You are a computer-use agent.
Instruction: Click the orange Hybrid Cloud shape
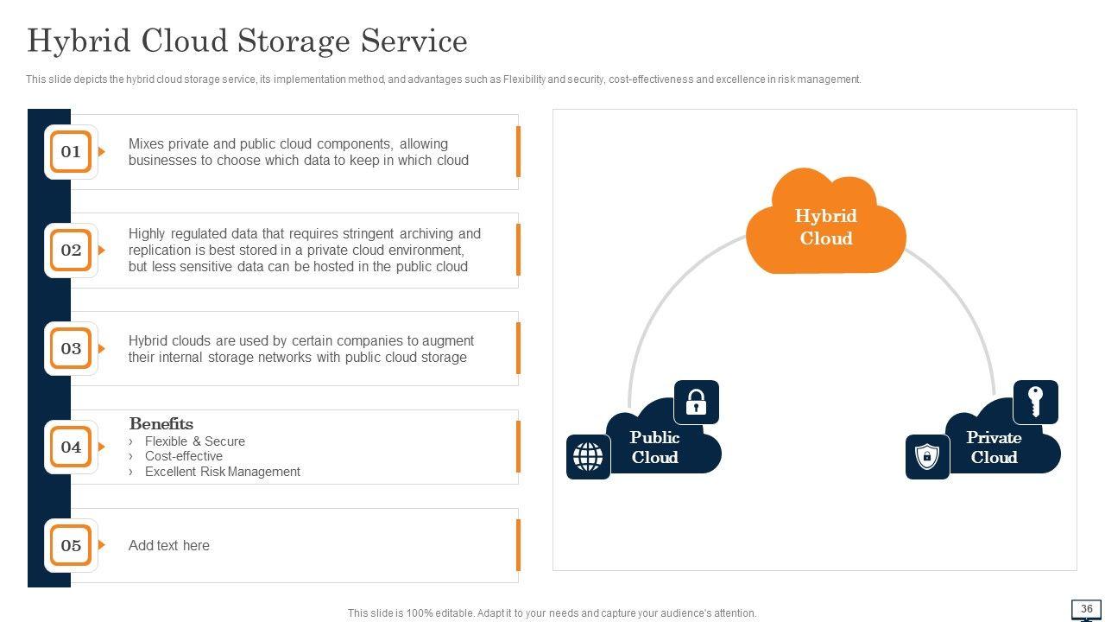pos(825,226)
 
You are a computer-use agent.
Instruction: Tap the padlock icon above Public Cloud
pos(696,403)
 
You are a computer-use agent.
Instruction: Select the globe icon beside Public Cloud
pos(588,457)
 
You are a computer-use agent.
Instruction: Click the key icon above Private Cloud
pos(1035,403)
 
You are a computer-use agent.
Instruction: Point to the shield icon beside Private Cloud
pos(927,457)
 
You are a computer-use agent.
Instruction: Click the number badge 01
pos(71,152)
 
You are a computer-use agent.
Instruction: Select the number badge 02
pos(71,251)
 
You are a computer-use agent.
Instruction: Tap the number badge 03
pos(71,349)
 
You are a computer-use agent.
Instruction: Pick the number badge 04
pos(71,447)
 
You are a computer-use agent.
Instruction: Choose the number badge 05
pos(71,546)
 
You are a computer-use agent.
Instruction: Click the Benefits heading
pos(161,423)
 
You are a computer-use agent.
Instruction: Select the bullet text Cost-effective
pos(183,456)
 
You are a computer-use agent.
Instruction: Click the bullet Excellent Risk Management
pos(222,472)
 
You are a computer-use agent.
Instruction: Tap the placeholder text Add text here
pos(168,545)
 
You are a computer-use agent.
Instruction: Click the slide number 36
pos(1086,609)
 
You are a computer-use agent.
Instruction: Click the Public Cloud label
pos(654,447)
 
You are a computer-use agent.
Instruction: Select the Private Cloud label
pos(994,447)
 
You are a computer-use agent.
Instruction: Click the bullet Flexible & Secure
pos(194,441)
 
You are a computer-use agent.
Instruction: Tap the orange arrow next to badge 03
pos(102,349)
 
